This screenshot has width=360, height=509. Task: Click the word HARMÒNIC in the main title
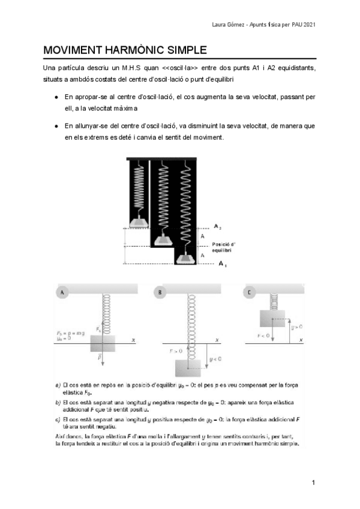(135, 50)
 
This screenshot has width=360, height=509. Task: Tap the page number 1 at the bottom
(313, 483)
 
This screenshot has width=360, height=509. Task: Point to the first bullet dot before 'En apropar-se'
(56, 97)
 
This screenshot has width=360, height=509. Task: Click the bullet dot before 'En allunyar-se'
(56, 126)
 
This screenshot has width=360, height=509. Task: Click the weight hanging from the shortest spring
(138, 223)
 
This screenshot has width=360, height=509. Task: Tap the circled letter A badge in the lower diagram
(62, 292)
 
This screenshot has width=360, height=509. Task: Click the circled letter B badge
(160, 292)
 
